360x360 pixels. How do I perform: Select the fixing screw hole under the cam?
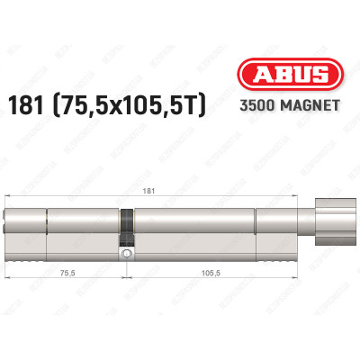(x=128, y=255)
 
